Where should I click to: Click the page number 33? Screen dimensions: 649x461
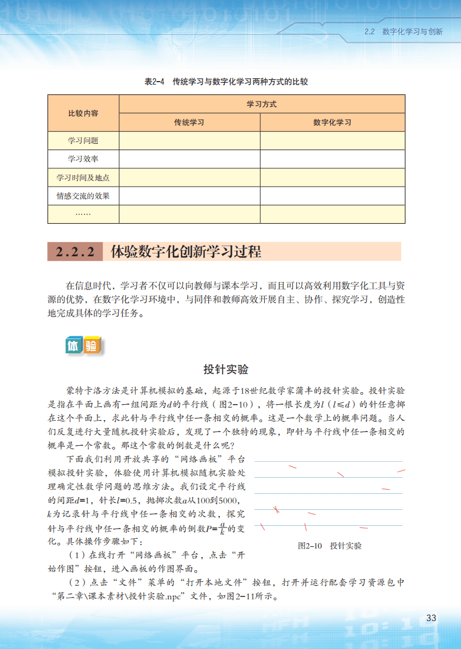[x=431, y=618]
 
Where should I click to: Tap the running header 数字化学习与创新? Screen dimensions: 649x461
[x=412, y=32]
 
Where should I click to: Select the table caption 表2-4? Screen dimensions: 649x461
[x=154, y=82]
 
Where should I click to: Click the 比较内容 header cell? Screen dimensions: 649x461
[x=83, y=113]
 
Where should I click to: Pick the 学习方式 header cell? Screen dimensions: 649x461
[x=262, y=104]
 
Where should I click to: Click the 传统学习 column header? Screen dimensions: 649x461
[x=189, y=122]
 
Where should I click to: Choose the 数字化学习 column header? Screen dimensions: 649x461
[x=333, y=122]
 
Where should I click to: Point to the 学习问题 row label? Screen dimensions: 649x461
[x=83, y=140]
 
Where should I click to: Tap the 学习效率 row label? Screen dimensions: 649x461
[x=83, y=159]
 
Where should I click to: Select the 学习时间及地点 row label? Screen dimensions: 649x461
[x=83, y=178]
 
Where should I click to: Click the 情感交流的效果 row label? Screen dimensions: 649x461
[x=83, y=196]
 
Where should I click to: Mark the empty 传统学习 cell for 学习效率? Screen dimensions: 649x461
[x=189, y=159]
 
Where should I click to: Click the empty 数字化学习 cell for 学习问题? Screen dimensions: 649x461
[x=333, y=140]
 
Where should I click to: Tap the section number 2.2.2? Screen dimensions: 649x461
[x=75, y=252]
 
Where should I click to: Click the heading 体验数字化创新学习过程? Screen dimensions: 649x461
[x=186, y=252]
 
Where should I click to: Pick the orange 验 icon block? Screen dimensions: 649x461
[x=91, y=345]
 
